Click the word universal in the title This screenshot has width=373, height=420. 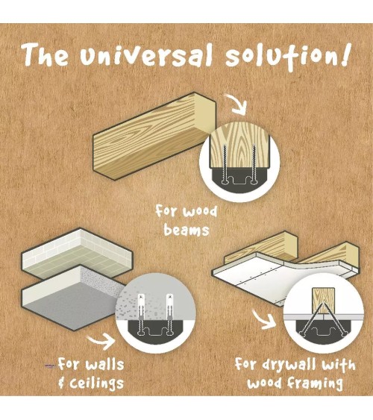click(147, 56)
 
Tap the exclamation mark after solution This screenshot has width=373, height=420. click(346, 55)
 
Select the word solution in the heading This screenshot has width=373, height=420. click(281, 57)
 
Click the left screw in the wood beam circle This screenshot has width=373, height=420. click(225, 164)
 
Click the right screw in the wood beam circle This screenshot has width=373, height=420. click(254, 164)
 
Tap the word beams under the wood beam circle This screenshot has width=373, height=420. click(186, 230)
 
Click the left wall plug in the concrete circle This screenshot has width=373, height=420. click(141, 315)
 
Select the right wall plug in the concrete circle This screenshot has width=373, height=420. click(170, 315)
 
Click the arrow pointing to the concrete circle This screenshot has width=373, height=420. click(102, 341)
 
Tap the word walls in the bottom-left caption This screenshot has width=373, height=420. click(104, 364)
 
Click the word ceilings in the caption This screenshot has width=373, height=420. click(97, 383)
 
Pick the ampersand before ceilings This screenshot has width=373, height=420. click(62, 383)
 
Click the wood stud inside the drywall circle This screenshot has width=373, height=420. click(323, 301)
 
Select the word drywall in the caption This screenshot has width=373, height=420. click(289, 366)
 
